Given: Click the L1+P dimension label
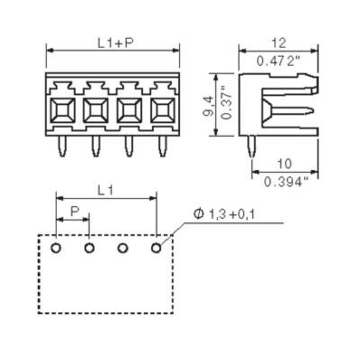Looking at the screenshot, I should (112, 42).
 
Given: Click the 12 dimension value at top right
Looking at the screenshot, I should (277, 42).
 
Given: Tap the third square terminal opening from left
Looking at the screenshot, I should (129, 112).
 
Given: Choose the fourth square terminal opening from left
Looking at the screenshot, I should (162, 112).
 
